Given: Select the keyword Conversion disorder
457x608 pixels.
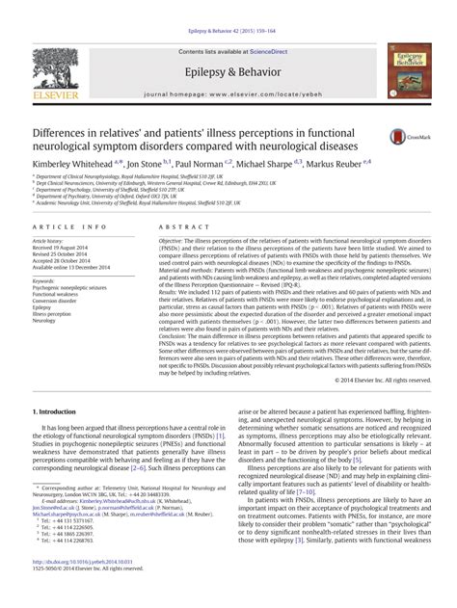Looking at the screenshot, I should [56, 300].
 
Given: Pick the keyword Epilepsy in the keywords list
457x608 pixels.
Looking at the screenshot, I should [44, 307].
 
